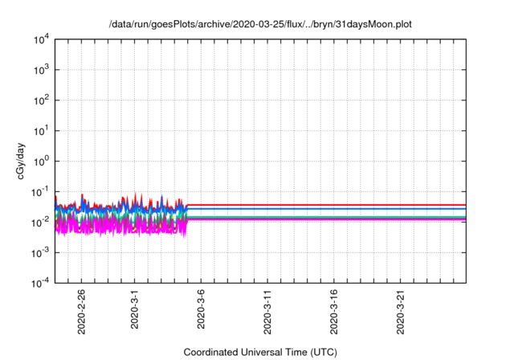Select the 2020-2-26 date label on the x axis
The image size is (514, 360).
click(81, 313)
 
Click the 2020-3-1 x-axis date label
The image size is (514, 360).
click(135, 310)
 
